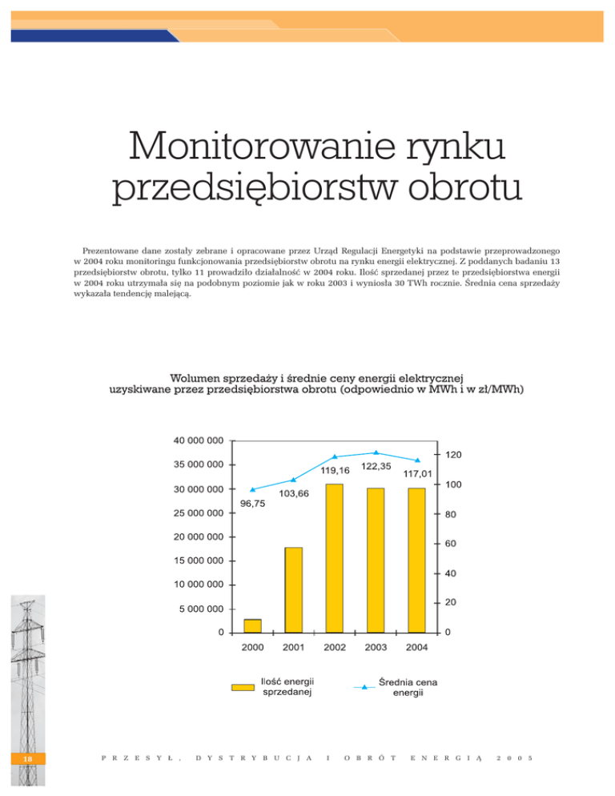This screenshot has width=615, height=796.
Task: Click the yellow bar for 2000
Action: (x=252, y=625)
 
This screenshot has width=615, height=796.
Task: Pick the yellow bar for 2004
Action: (x=416, y=561)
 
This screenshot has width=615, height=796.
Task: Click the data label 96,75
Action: (x=252, y=504)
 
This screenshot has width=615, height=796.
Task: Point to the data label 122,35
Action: (x=376, y=466)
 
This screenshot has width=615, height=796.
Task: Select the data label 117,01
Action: (x=417, y=474)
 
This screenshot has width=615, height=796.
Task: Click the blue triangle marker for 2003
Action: (x=376, y=452)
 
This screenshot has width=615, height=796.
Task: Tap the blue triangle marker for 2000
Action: (x=252, y=489)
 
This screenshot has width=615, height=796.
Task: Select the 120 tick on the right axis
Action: (x=453, y=455)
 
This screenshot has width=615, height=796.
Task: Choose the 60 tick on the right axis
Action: (x=451, y=545)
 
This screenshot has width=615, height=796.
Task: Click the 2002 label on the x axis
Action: (x=334, y=647)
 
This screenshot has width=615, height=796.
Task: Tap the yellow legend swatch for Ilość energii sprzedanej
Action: (x=243, y=686)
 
